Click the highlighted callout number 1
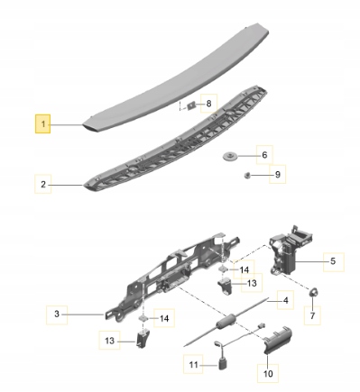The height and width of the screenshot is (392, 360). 43,123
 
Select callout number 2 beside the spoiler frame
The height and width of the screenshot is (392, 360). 43,184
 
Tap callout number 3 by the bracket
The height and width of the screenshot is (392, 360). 57,315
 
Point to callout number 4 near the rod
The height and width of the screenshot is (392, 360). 285,300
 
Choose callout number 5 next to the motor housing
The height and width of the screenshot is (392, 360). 333,261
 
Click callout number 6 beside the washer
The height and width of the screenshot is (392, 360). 264,155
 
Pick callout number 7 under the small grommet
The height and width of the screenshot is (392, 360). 312,315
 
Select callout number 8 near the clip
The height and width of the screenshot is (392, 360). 208,104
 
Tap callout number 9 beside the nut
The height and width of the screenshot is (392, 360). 278,174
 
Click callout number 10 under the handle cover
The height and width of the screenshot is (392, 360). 268,373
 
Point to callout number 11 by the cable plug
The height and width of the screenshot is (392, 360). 193,365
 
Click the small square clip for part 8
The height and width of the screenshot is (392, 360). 191,105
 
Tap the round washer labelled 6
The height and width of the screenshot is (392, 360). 230,157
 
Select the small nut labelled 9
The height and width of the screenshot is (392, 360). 247,174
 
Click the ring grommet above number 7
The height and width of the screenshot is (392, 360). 314,292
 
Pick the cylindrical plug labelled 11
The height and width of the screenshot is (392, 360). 222,364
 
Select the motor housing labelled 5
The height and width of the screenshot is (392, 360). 291,251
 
